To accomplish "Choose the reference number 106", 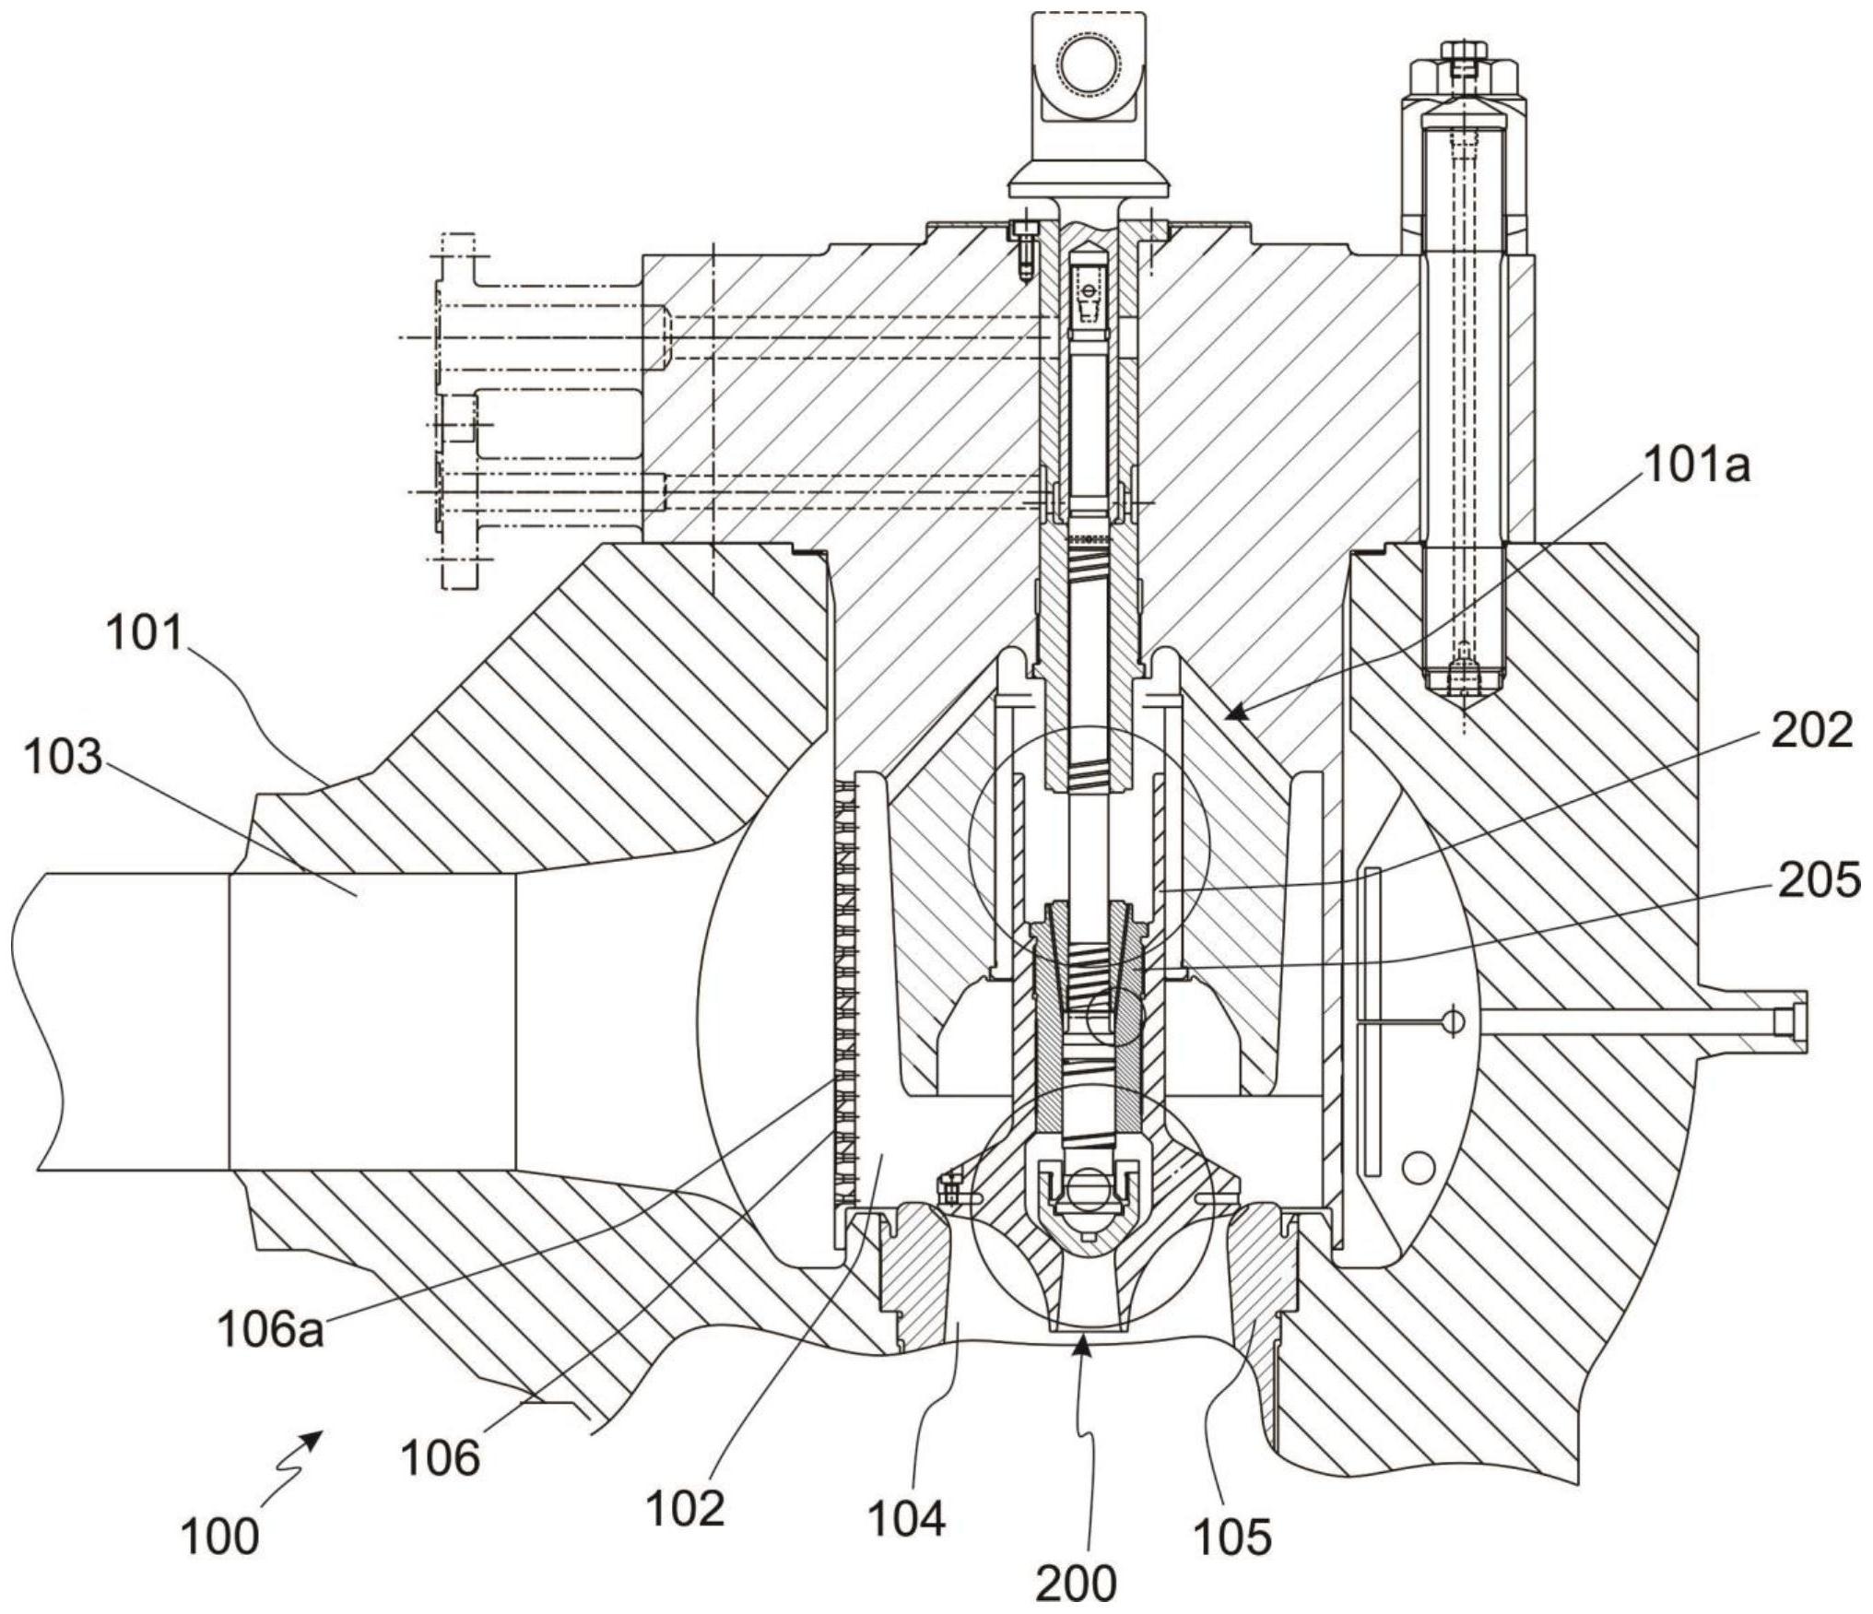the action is coord(442,1457).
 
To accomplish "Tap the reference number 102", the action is coord(685,1508).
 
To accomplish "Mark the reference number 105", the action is coord(1233,1534).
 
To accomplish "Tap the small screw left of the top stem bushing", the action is coord(1022,248).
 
